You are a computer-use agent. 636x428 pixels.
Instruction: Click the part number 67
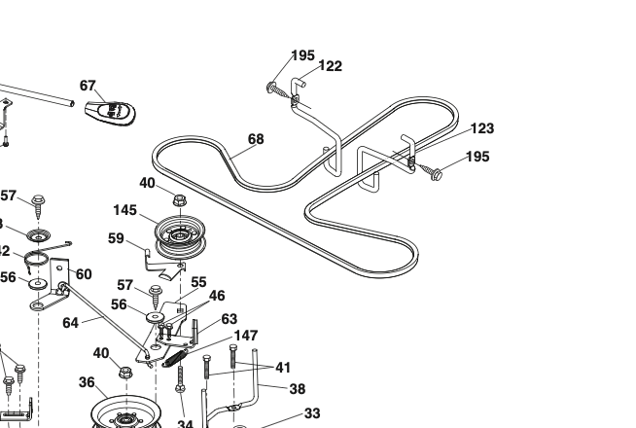pyautogui.click(x=88, y=86)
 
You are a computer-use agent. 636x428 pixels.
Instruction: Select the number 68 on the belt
pyautogui.click(x=256, y=139)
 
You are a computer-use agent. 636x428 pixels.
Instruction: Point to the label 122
pyautogui.click(x=331, y=66)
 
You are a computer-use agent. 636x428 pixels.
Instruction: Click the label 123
pyautogui.click(x=482, y=128)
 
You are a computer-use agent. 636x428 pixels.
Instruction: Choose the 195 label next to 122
pyautogui.click(x=303, y=54)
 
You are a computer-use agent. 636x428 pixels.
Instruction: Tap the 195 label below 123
pyautogui.click(x=477, y=157)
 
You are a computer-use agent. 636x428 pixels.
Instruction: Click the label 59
pyautogui.click(x=116, y=237)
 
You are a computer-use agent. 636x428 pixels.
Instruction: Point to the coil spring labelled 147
pyautogui.click(x=176, y=358)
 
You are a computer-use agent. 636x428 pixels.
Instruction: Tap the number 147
pyautogui.click(x=246, y=336)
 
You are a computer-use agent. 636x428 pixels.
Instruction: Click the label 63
pyautogui.click(x=230, y=319)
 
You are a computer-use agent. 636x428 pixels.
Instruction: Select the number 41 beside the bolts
pyautogui.click(x=283, y=368)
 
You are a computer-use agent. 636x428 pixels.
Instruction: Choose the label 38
pyautogui.click(x=298, y=388)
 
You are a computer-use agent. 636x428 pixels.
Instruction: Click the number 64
pyautogui.click(x=71, y=323)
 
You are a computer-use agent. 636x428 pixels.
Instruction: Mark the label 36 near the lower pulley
pyautogui.click(x=87, y=382)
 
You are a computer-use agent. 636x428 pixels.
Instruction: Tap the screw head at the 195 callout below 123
pyautogui.click(x=437, y=175)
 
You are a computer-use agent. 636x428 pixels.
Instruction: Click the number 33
pyautogui.click(x=311, y=413)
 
